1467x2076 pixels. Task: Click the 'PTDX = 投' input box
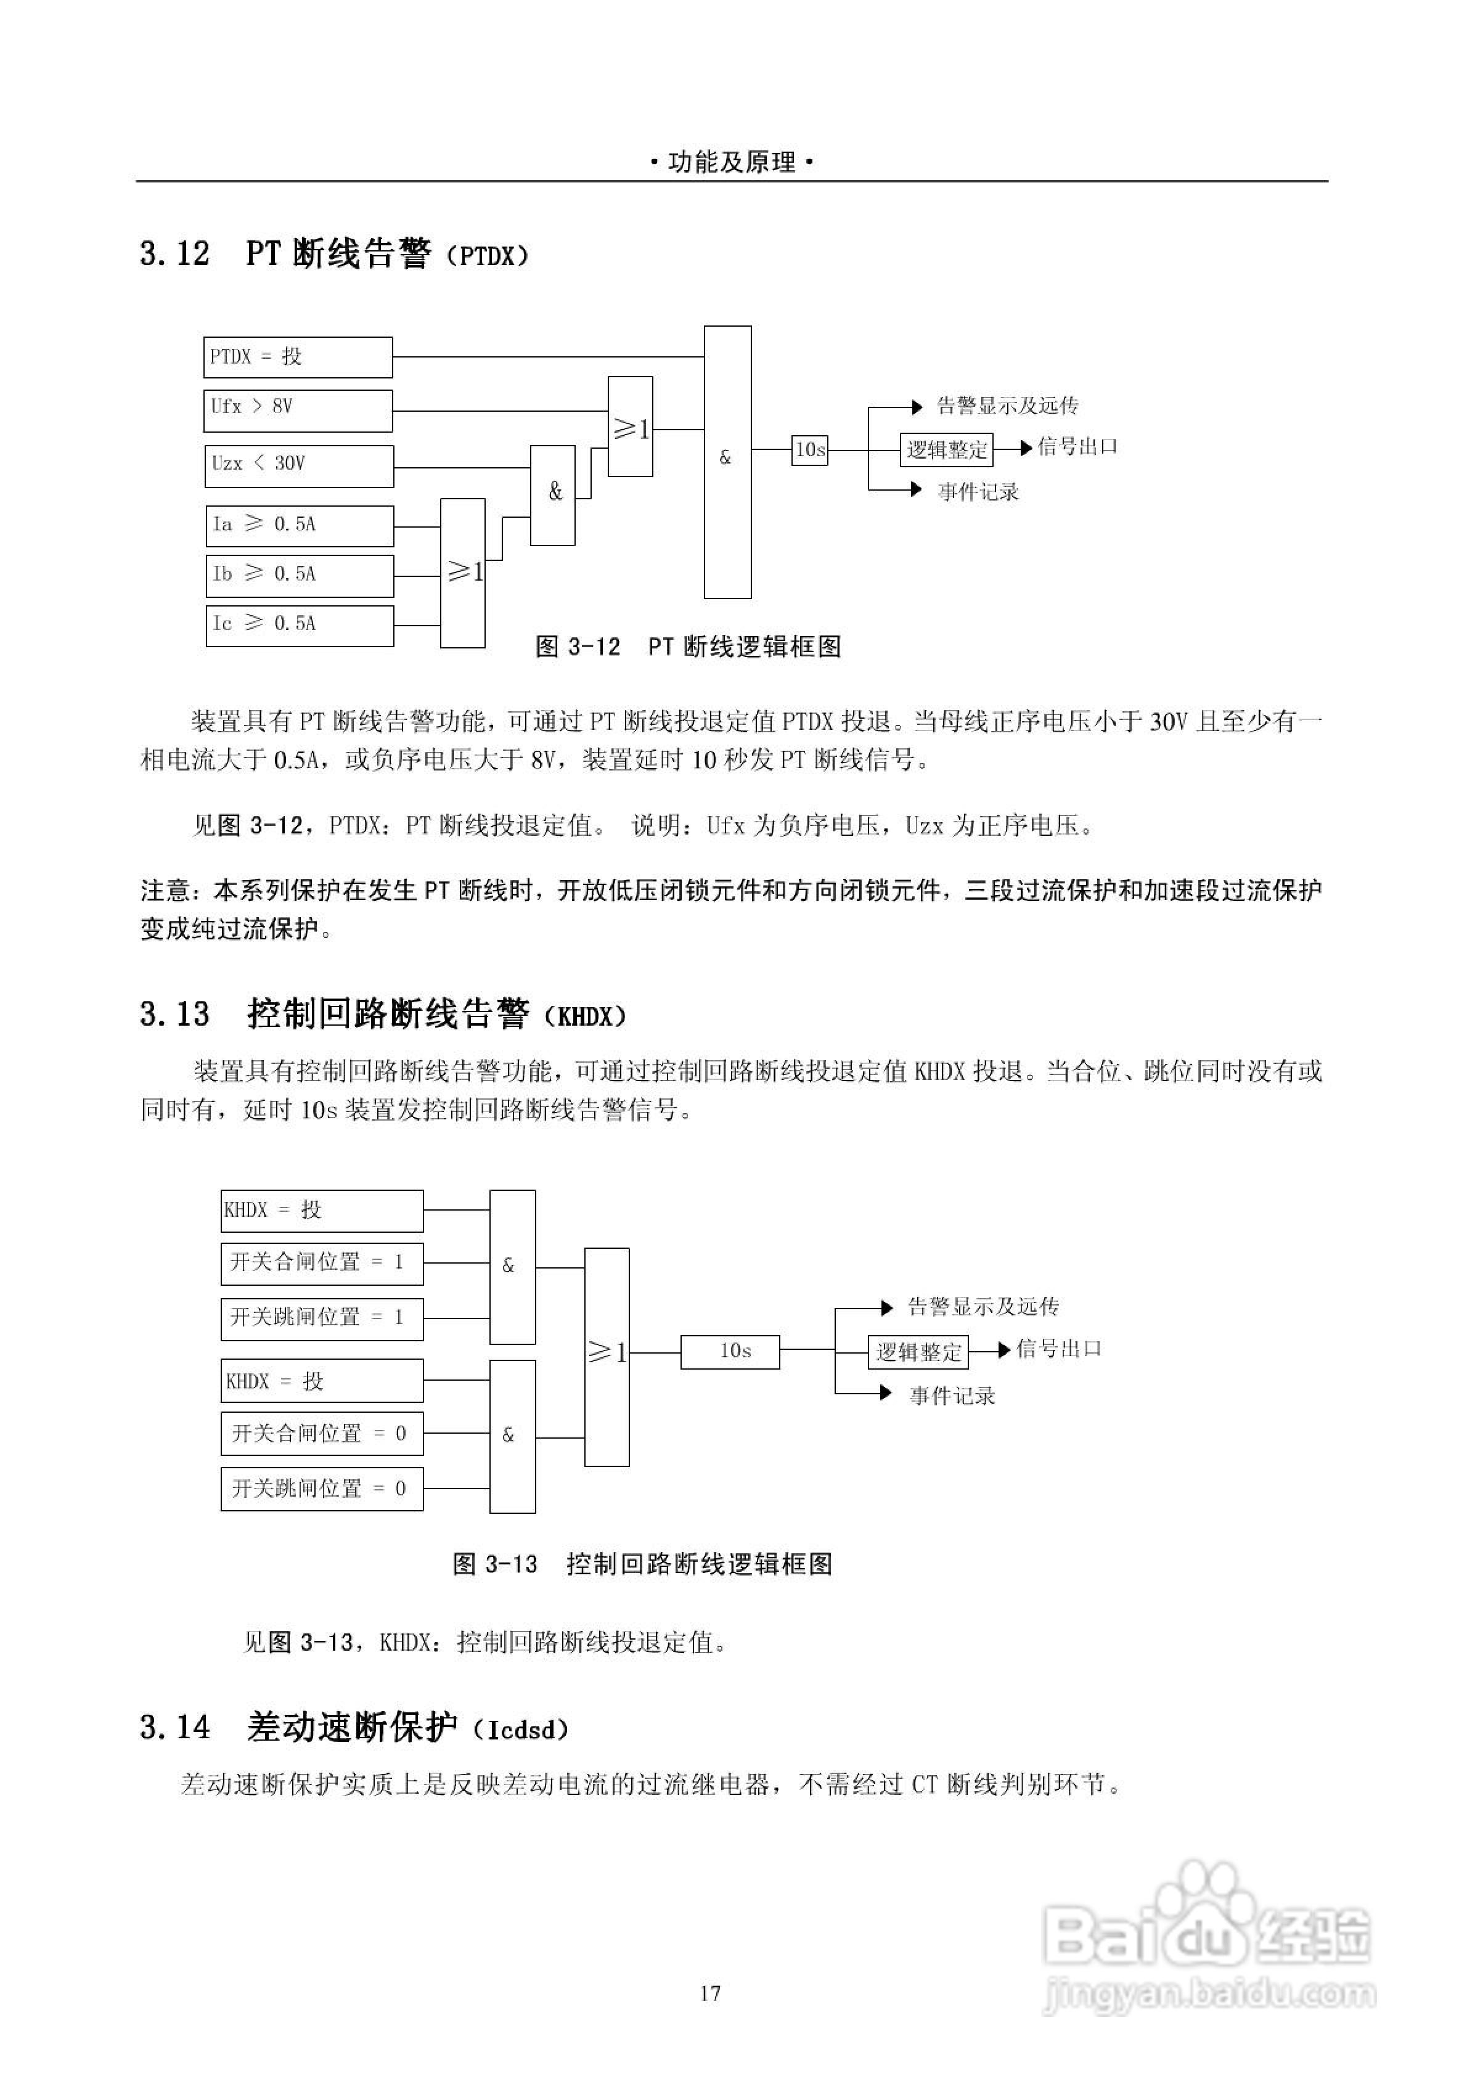(x=298, y=357)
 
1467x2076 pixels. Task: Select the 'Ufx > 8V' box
(x=298, y=411)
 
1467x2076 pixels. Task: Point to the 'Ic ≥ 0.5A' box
(x=300, y=625)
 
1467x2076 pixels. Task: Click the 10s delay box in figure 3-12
(x=809, y=449)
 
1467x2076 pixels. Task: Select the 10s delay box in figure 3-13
(x=730, y=1352)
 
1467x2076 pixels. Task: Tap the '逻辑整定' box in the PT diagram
(x=946, y=449)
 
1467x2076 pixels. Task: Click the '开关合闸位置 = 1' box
(x=322, y=1263)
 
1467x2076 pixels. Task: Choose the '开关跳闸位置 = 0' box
(x=322, y=1489)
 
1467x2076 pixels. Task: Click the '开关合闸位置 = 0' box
(x=322, y=1434)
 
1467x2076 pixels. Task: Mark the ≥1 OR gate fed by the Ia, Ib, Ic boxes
(x=463, y=573)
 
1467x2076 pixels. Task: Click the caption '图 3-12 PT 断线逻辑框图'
(x=689, y=647)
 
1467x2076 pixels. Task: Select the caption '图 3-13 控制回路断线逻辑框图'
(x=642, y=1565)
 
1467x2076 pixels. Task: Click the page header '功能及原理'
(x=733, y=162)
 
